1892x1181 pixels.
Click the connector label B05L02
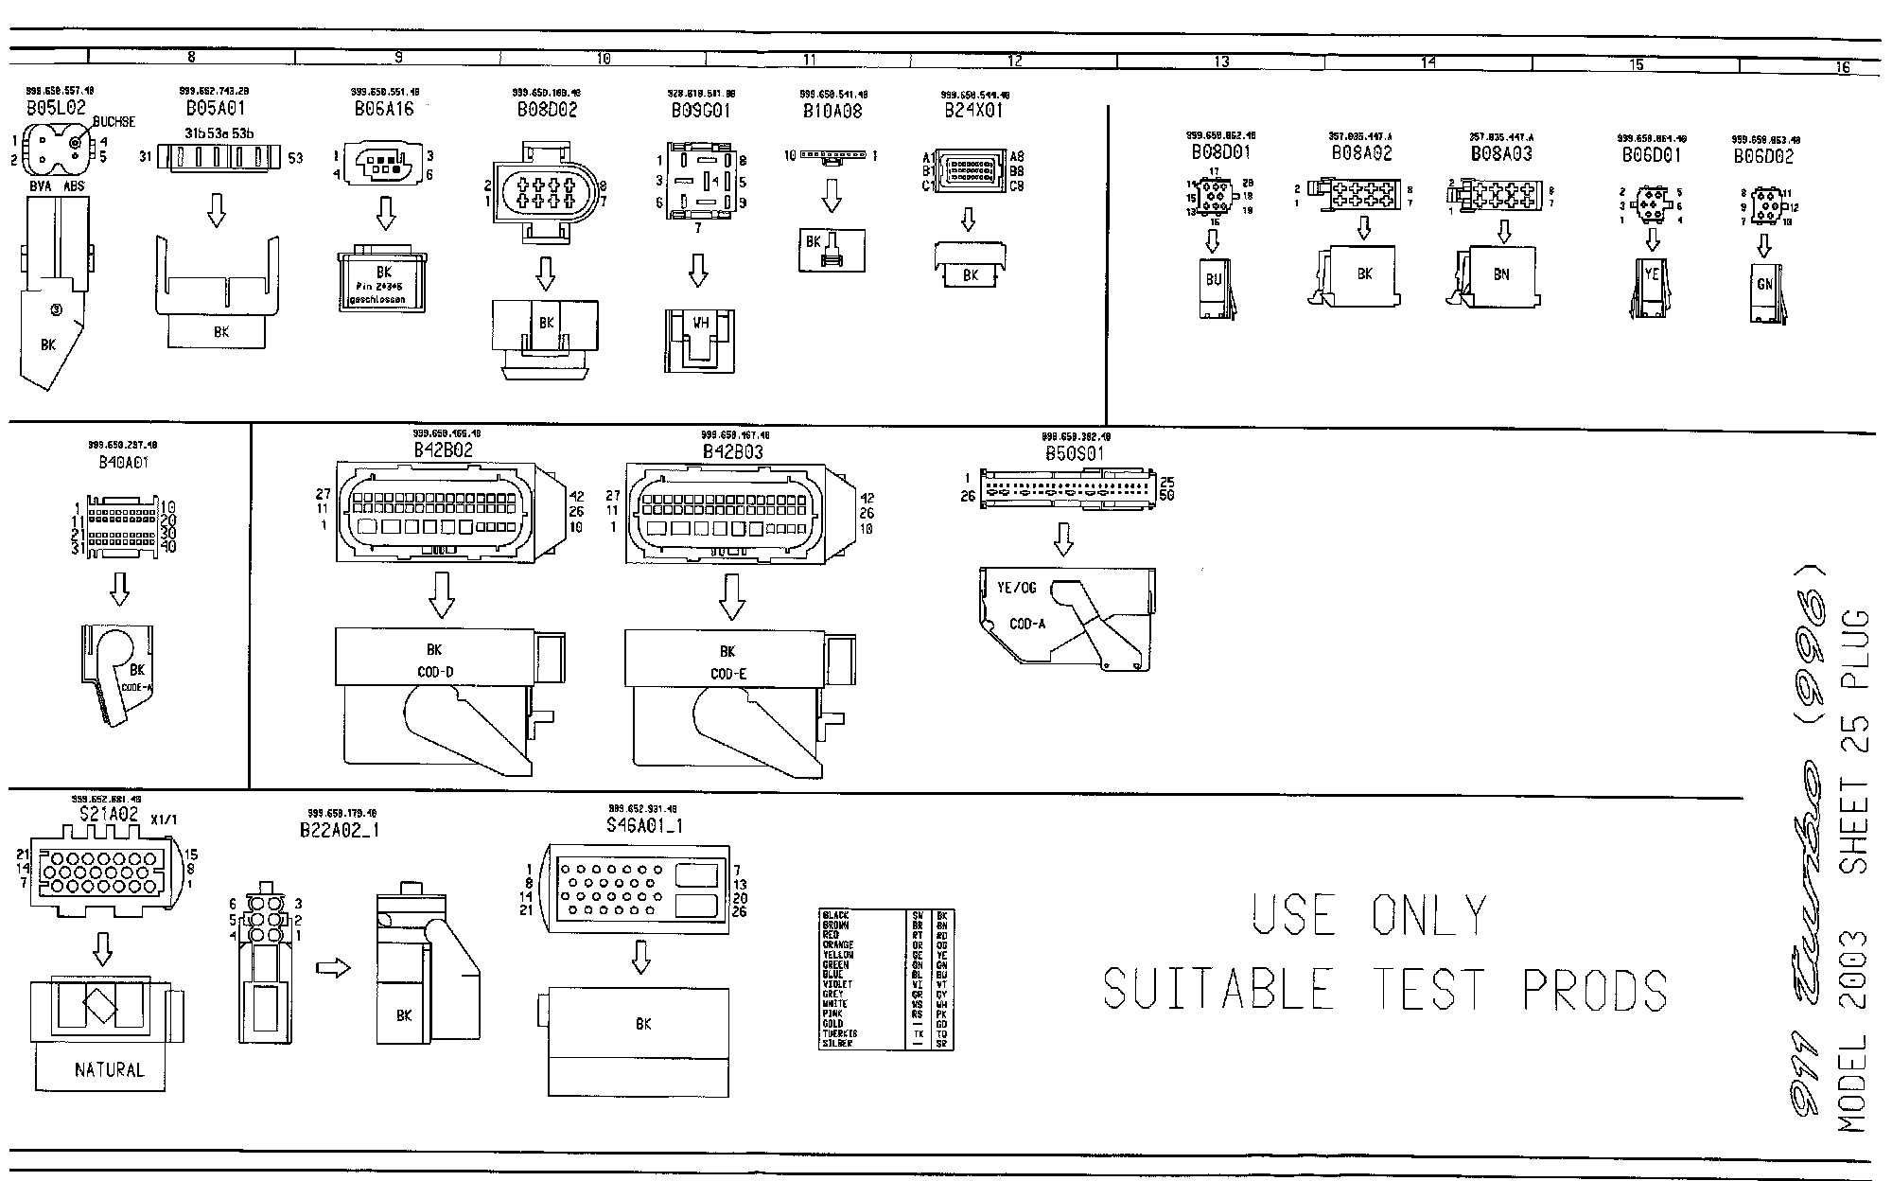[x=56, y=108]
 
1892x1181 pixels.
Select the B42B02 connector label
[x=443, y=450]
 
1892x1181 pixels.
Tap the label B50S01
[x=1074, y=453]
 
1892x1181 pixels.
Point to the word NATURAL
[x=110, y=1070]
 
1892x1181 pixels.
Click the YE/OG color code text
[x=1016, y=588]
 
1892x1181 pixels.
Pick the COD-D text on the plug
[x=434, y=673]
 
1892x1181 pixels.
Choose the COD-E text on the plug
[x=727, y=674]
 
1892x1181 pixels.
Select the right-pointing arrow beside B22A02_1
[x=333, y=968]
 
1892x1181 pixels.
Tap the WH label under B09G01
[x=700, y=323]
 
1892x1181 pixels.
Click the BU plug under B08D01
[x=1214, y=280]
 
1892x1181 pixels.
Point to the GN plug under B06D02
[x=1764, y=284]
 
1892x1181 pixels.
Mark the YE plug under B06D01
[x=1652, y=274]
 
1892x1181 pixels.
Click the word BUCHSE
[x=114, y=122]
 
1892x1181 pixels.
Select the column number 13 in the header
[x=1221, y=62]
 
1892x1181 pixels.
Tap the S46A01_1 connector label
[x=644, y=826]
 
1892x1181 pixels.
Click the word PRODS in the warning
[x=1594, y=990]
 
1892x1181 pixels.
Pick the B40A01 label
[x=123, y=463]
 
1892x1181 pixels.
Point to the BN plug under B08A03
[x=1501, y=274]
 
